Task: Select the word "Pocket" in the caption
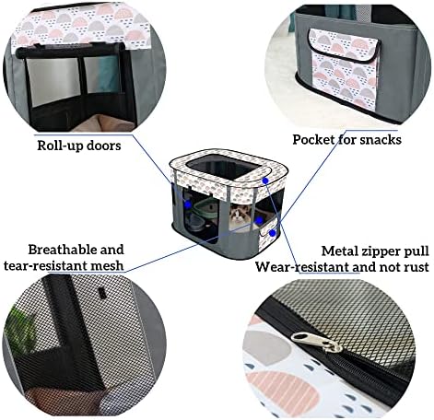[313, 140]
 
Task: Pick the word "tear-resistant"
[46, 265]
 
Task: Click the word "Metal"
[339, 251]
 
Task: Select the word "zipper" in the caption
[380, 251]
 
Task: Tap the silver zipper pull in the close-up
[317, 342]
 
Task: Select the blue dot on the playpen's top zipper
[265, 181]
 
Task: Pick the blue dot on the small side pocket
[272, 233]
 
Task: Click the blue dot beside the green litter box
[188, 204]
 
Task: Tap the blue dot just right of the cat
[259, 220]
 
